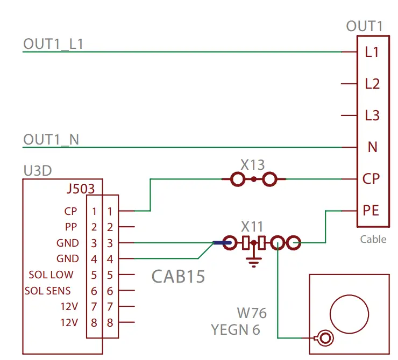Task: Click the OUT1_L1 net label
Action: [53, 44]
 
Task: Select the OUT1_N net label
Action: [51, 140]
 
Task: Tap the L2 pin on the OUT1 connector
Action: [372, 84]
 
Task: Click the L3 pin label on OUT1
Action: [372, 116]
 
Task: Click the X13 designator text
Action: [253, 164]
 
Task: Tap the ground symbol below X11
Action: [253, 262]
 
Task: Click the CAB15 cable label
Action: [178, 276]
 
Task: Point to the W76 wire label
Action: [252, 313]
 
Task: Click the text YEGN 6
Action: [236, 329]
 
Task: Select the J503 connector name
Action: [81, 189]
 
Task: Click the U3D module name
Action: [38, 171]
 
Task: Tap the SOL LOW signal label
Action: [51, 275]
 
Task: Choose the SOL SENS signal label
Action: [47, 291]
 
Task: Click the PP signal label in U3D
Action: [71, 227]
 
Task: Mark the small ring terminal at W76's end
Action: [324, 338]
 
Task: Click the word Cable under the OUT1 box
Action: [373, 239]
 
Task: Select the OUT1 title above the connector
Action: [364, 26]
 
